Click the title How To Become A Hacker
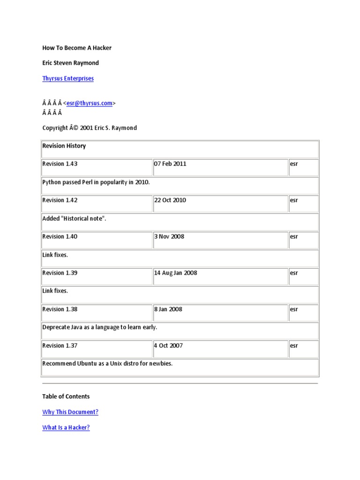77,48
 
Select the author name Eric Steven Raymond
70,63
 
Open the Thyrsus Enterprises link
68,78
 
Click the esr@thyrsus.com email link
90,103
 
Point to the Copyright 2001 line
90,128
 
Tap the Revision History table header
64,146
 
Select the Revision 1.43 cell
60,164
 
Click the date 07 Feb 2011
170,164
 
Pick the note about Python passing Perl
96,182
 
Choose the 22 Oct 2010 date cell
170,200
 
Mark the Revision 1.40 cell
60,236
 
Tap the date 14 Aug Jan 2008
176,273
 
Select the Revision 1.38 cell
60,309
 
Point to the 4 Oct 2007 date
169,345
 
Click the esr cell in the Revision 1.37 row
294,345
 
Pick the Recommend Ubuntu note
107,363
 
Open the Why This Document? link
70,412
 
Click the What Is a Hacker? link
66,427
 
